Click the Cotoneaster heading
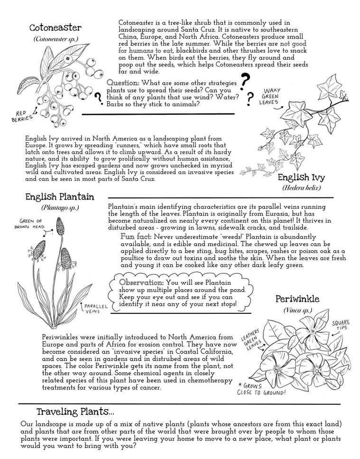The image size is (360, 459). click(x=55, y=28)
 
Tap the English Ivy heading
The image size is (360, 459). click(x=301, y=178)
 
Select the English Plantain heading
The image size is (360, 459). click(x=60, y=197)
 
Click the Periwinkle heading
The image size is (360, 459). click(x=296, y=299)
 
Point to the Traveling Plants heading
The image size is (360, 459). click(x=75, y=411)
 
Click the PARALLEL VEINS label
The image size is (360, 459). click(x=95, y=309)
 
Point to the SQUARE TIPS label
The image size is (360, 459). click(x=341, y=325)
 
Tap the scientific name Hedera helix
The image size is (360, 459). click(x=302, y=188)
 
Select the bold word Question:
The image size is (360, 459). click(x=122, y=83)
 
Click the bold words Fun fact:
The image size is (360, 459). click(x=136, y=236)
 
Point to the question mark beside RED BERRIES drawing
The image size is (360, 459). click(x=99, y=98)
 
